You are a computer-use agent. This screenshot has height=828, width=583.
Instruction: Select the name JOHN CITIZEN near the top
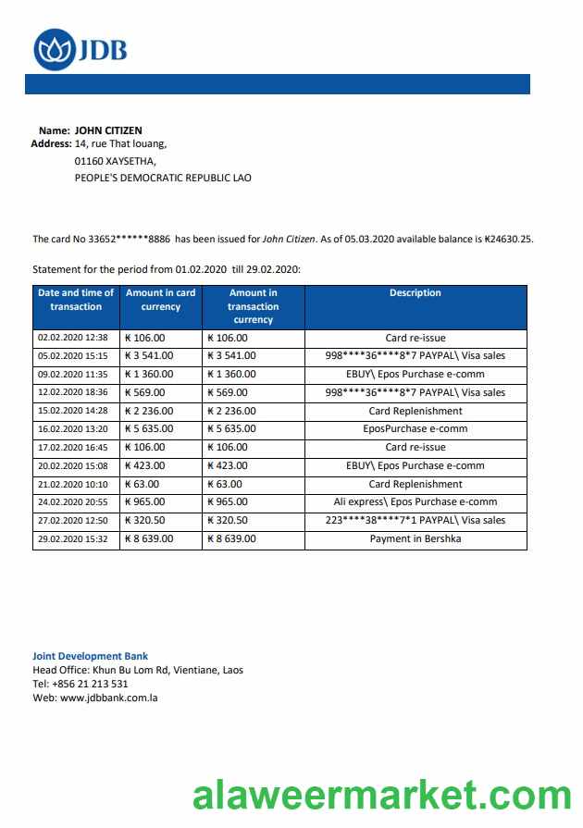[x=108, y=130]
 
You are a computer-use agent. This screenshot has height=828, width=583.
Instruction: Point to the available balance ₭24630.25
[x=508, y=239]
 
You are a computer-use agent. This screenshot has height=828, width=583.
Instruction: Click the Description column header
[x=415, y=293]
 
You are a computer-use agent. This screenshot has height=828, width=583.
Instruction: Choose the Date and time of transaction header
[x=76, y=300]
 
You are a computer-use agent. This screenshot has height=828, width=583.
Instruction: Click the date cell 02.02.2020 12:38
[x=73, y=338]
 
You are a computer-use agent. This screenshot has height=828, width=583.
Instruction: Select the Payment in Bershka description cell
[x=415, y=538]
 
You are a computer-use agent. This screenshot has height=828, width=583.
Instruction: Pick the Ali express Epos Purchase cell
[x=415, y=501]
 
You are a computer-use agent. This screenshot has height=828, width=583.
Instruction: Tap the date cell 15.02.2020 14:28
[x=73, y=411]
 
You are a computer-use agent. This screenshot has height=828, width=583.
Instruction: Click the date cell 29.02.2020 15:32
[x=73, y=538]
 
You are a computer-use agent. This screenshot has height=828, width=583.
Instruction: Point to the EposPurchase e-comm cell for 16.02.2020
[x=415, y=429]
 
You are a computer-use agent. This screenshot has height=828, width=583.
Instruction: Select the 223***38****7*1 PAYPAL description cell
[x=415, y=520]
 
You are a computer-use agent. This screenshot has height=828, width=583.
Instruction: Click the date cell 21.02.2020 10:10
[x=73, y=484]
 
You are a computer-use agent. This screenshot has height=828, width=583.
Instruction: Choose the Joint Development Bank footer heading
[x=90, y=656]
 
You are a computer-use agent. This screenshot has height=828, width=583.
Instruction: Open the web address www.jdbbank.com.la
[x=108, y=698]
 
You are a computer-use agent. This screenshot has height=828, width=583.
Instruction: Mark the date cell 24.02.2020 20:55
[x=73, y=501]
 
